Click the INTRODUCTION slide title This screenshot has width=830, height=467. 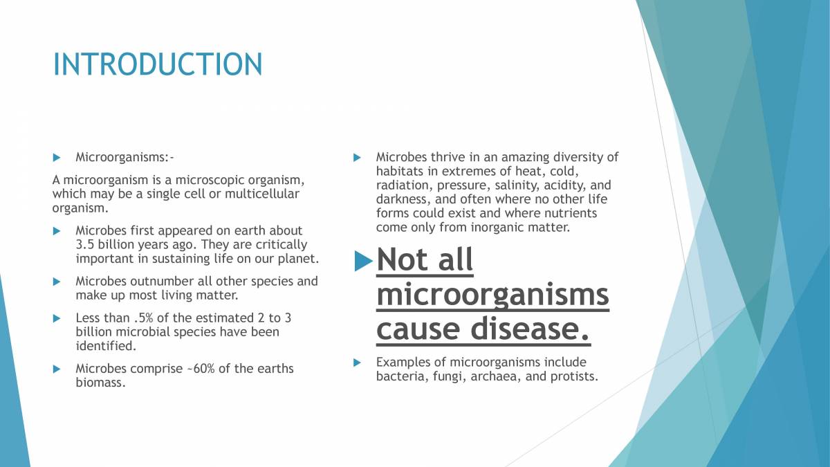tap(158, 64)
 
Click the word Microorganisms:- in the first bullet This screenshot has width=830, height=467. tap(129, 157)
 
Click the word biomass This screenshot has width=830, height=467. tap(100, 383)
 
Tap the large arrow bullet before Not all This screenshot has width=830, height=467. tap(363, 261)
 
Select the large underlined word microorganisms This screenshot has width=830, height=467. tap(492, 295)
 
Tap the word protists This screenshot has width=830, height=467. tap(573, 376)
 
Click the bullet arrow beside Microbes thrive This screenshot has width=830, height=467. tap(357, 158)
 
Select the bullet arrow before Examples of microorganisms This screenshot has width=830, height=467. tap(357, 363)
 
